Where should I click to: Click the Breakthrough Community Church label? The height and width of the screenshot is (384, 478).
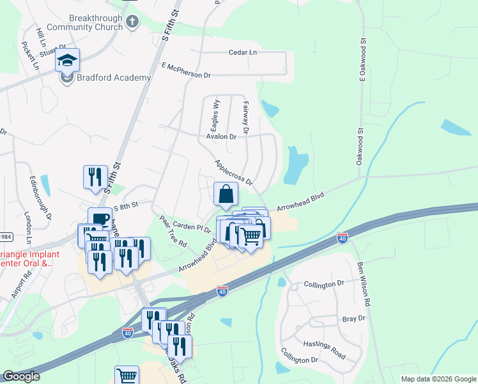(x=84, y=22)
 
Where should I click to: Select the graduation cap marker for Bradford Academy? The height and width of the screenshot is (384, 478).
(x=67, y=61)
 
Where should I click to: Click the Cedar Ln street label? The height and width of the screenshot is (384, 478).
(x=243, y=52)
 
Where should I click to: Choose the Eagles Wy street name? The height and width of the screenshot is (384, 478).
(x=216, y=114)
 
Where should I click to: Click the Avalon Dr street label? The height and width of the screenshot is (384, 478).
(x=221, y=136)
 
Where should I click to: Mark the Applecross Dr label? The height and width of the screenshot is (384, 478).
(x=234, y=172)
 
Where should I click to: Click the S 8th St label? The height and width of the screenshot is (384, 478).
(x=126, y=207)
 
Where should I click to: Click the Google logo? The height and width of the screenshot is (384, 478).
(x=21, y=376)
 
